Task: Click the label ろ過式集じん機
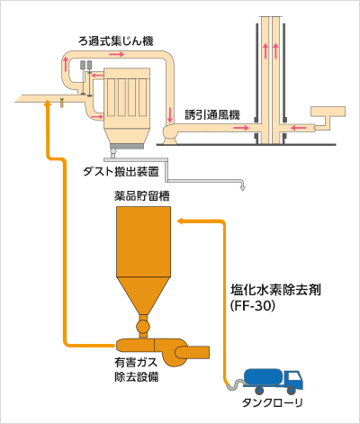[x=116, y=41]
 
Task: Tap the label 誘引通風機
[x=212, y=115]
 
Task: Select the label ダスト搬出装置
[x=121, y=172]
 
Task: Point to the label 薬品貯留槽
[x=142, y=196]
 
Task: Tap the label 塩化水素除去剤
[x=275, y=290]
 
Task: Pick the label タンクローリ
[x=273, y=403]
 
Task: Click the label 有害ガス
[x=136, y=362]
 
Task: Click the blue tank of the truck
[x=263, y=376]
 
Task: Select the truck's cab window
[x=295, y=377]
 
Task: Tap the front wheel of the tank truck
[x=291, y=390]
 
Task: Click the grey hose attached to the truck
[x=235, y=385]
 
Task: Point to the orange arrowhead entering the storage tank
[x=180, y=221]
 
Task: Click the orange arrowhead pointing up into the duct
[x=47, y=103]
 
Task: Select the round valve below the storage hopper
[x=142, y=326]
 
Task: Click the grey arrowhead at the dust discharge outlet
[x=243, y=188]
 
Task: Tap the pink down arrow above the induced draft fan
[x=170, y=114]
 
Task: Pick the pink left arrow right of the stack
[x=299, y=128]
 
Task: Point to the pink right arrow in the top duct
[x=117, y=54]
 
